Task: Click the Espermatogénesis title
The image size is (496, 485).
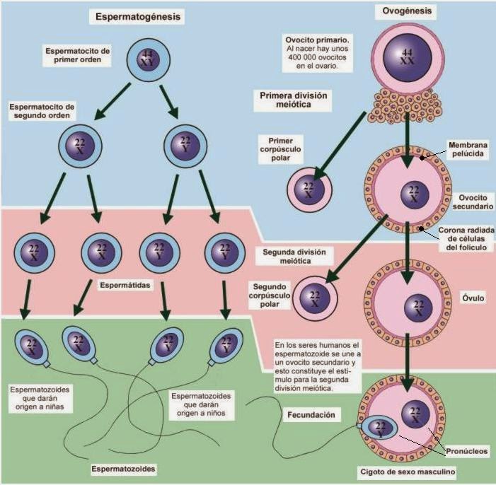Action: [138, 17]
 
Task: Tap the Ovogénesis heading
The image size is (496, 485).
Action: [407, 11]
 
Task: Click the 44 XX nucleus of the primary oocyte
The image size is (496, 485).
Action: [408, 57]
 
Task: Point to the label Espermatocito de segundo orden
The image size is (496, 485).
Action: [42, 111]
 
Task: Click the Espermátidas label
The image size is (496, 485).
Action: [125, 285]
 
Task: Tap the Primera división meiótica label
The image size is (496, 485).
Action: [293, 100]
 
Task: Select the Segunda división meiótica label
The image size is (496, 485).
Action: [294, 257]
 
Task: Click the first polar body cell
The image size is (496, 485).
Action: [309, 189]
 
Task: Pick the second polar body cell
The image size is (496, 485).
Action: [315, 298]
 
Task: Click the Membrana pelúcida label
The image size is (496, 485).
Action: [468, 149]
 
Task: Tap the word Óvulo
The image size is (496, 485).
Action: [473, 298]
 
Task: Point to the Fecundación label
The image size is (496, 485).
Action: [311, 415]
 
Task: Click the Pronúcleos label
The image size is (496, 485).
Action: [466, 451]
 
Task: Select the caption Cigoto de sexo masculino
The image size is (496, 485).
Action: [408, 472]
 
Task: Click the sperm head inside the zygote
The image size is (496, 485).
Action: [379, 428]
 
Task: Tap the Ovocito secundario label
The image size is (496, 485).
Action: [473, 202]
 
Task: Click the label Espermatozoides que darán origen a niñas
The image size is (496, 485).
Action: [40, 398]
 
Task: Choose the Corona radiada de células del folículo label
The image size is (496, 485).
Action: [466, 239]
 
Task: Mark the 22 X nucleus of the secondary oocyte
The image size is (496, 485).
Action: [415, 194]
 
